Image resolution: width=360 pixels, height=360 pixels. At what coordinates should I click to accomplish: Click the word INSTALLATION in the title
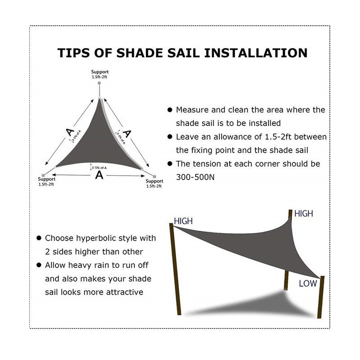256,52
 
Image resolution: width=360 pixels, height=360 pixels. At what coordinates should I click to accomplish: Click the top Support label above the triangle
100,72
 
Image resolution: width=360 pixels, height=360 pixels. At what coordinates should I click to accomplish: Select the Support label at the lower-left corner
47,180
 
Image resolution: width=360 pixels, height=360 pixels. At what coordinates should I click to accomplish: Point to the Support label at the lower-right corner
155,181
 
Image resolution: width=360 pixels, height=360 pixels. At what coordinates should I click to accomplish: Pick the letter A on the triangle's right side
128,133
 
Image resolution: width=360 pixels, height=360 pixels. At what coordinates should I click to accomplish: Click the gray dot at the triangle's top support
100,84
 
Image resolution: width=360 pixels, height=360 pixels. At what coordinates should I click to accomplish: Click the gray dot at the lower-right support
154,176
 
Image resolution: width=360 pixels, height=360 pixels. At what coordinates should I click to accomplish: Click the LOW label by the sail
308,283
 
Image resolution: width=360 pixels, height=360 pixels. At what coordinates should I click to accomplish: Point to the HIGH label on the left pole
183,221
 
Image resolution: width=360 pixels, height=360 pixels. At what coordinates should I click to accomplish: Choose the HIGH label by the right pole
303,214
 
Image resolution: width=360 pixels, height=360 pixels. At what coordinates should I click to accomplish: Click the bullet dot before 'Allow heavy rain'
40,265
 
